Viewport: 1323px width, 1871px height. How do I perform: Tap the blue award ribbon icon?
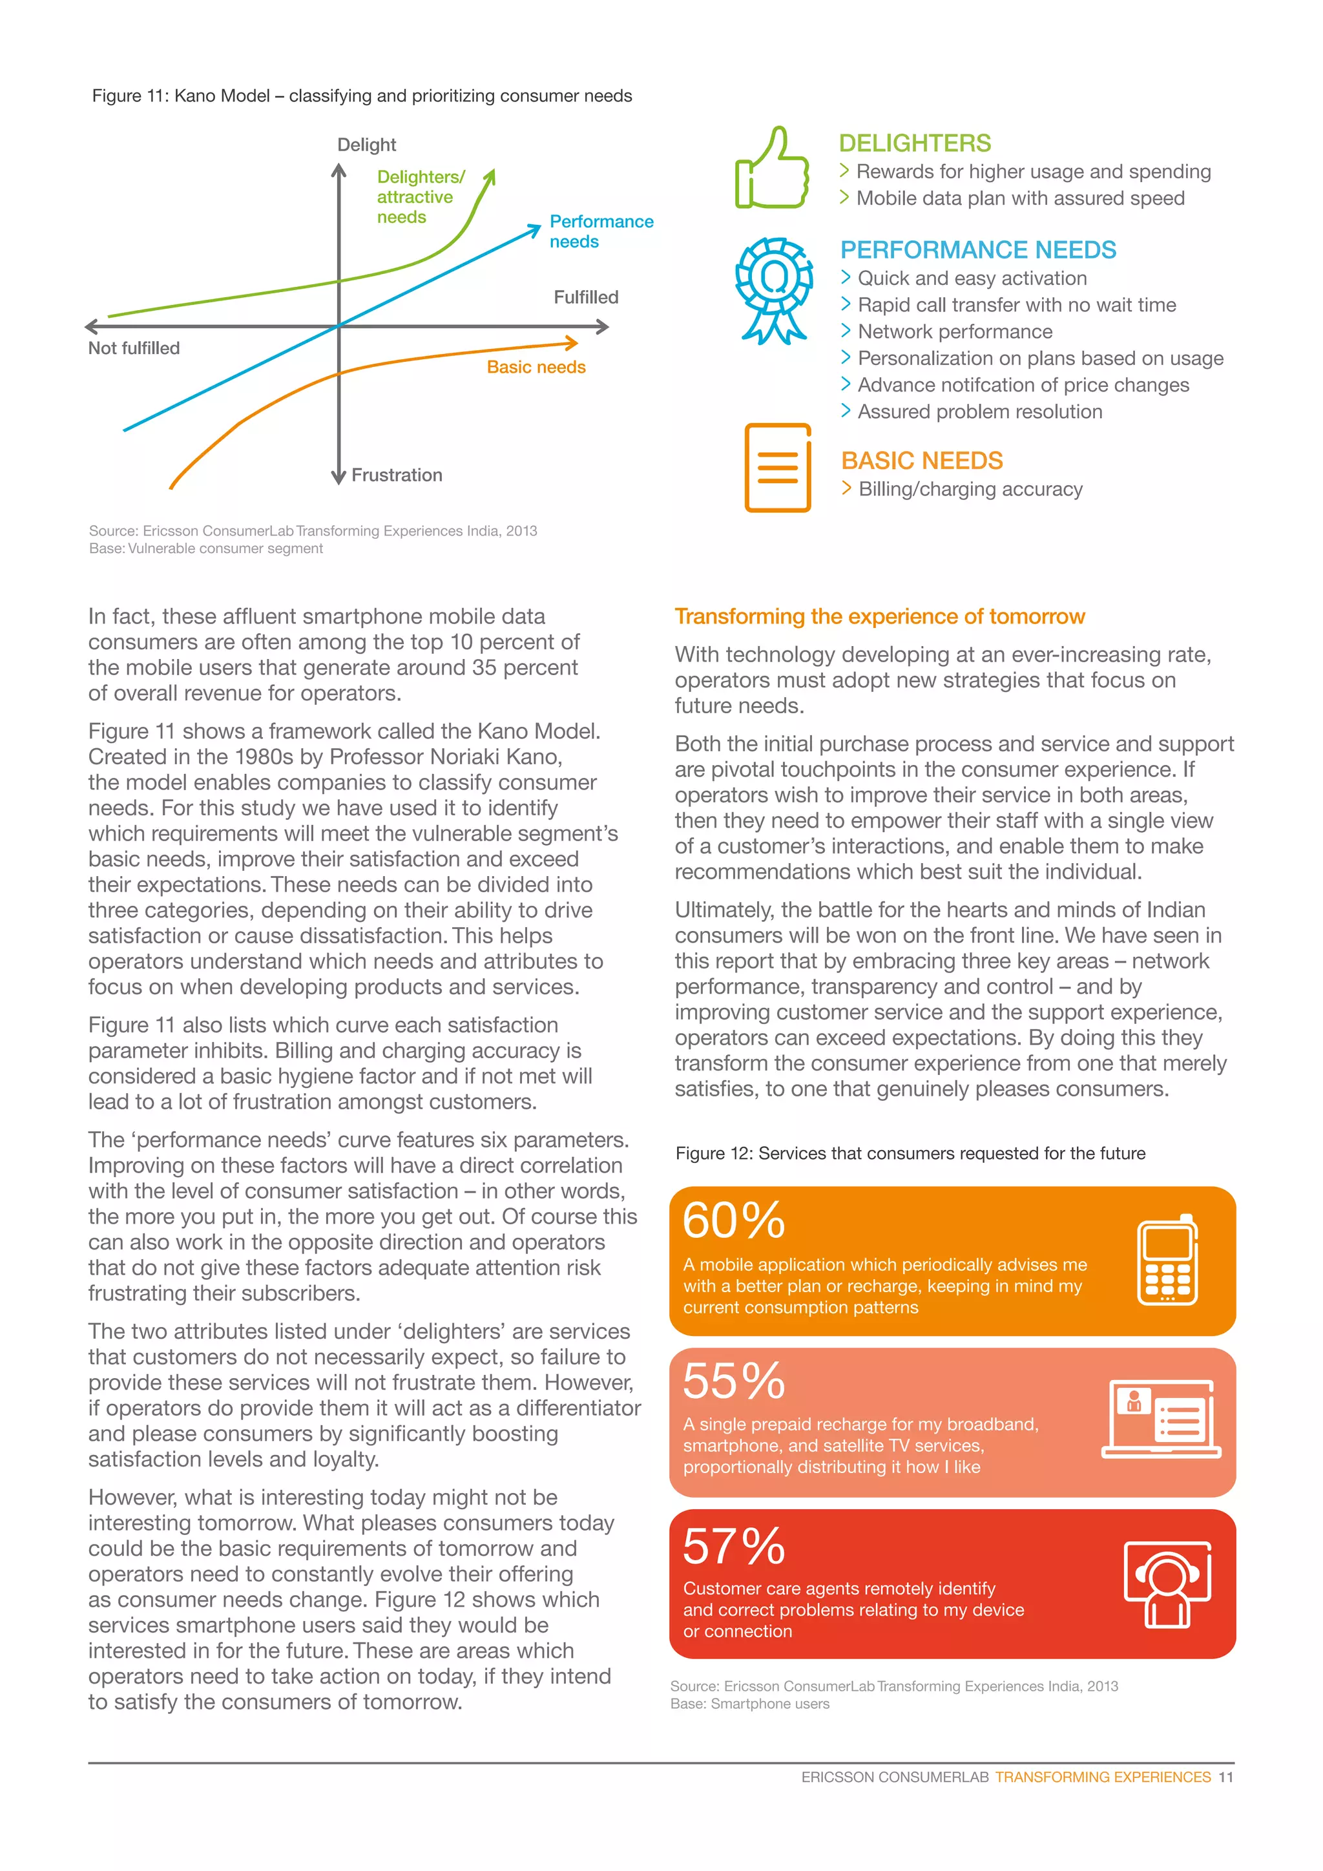[774, 290]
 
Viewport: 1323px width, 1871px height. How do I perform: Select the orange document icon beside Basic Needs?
[777, 468]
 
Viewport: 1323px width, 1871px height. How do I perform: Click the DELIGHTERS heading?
[914, 143]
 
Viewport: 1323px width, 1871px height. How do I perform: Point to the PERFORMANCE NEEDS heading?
[977, 250]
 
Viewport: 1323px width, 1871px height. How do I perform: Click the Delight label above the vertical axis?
[366, 145]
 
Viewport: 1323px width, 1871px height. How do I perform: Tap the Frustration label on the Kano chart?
[397, 475]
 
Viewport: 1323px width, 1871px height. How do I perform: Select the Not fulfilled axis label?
[134, 348]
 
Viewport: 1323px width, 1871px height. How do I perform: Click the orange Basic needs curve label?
[536, 368]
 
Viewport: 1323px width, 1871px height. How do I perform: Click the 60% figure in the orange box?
[733, 1220]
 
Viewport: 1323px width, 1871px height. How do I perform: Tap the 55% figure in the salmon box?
[733, 1381]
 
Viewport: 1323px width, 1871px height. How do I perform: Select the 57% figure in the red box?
[733, 1546]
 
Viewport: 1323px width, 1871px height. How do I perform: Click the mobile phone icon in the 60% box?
[1167, 1260]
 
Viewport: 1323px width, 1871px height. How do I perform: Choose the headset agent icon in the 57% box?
[1167, 1584]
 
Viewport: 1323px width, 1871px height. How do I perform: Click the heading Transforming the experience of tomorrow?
[879, 617]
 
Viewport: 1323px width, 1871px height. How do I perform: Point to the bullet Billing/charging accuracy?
[970, 490]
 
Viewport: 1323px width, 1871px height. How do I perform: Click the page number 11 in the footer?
[1225, 1777]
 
